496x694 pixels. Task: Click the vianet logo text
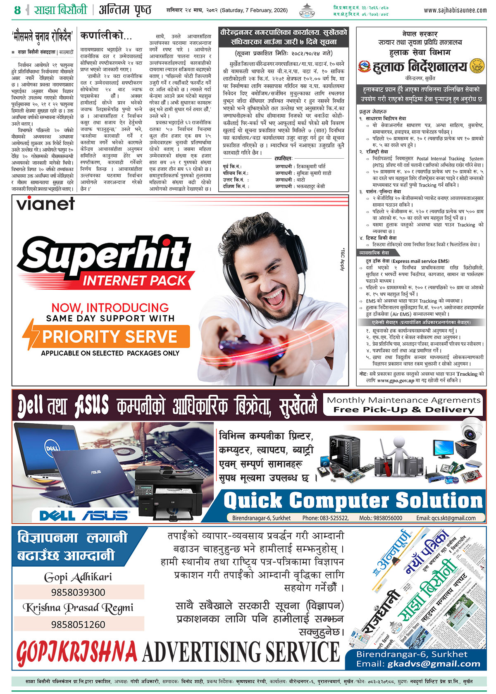[45, 203]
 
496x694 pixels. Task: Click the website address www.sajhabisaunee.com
[455, 10]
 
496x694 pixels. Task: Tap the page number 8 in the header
[17, 10]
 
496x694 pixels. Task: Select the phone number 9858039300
[78, 592]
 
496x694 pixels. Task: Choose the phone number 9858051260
[78, 624]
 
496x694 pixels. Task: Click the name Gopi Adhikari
[78, 577]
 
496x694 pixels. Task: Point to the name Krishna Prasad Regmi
[78, 608]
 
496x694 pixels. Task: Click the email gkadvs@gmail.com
[434, 664]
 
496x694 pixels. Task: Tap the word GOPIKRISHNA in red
[76, 652]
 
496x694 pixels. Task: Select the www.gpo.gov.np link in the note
[395, 380]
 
